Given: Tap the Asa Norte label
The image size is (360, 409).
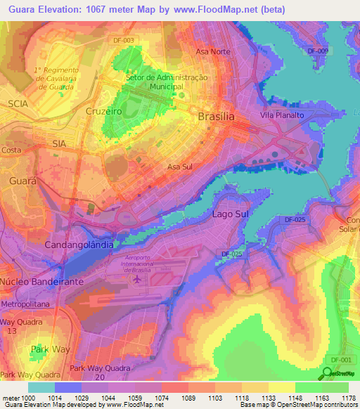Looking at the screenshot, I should (212, 52).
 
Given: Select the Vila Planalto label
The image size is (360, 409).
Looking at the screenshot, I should (280, 115).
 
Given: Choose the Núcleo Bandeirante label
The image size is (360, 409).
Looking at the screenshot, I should (42, 281).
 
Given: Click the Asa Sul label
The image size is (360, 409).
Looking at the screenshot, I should (180, 167).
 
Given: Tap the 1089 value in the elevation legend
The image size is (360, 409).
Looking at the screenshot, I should (189, 397).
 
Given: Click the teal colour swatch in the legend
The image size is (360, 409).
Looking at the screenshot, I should (41, 387).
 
